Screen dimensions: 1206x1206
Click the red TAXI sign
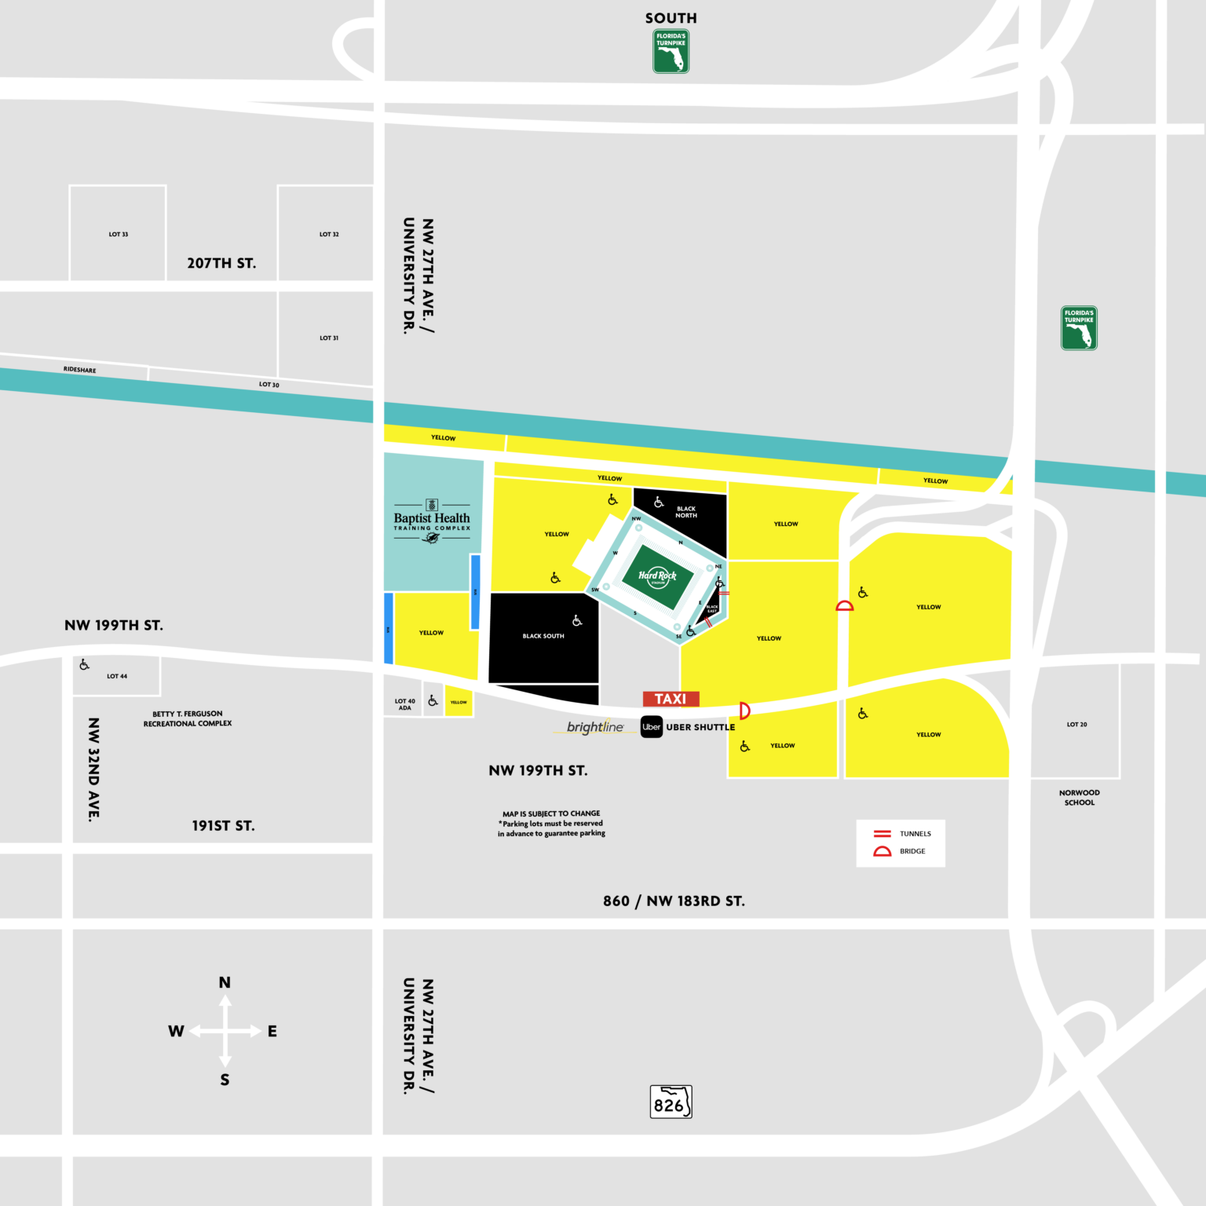coord(671,699)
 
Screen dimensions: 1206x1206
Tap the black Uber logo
coord(652,727)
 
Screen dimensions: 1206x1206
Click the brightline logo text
coord(595,727)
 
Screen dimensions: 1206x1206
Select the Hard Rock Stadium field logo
coord(657,577)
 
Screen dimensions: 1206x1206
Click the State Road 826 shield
coord(671,1102)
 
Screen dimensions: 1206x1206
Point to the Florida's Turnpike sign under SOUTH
coord(671,51)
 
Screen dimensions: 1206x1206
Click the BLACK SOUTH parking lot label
coord(543,636)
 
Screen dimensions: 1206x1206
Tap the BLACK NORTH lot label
coord(686,512)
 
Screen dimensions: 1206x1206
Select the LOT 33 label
coord(119,234)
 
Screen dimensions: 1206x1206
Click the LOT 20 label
coord(1077,725)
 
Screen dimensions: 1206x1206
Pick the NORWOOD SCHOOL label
coord(1080,798)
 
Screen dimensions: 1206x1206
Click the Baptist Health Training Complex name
coord(432,519)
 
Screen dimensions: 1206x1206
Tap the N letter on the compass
coord(225,982)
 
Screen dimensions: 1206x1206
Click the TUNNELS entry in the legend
coord(915,834)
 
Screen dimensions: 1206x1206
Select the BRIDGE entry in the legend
coord(912,851)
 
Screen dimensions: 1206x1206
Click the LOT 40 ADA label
coord(404,704)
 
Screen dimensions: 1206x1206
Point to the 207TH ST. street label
coord(221,263)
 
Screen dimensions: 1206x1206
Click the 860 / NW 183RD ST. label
coord(674,901)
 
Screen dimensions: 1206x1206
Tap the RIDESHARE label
coord(80,369)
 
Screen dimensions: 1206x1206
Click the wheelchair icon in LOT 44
coord(84,665)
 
